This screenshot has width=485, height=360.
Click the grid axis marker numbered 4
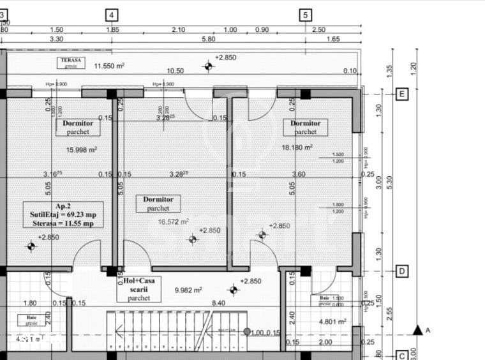(112, 15)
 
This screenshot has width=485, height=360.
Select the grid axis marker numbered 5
(306, 15)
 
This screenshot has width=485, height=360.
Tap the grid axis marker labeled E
(402, 94)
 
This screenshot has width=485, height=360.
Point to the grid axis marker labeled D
(402, 271)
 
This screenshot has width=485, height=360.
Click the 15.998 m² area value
(82, 150)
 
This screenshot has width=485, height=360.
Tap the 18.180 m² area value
(297, 147)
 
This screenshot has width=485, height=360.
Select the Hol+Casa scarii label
(139, 289)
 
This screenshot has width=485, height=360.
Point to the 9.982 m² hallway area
(188, 290)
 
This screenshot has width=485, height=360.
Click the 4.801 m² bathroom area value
(332, 322)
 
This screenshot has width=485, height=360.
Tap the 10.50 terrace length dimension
(175, 71)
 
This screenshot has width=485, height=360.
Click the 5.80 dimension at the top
(208, 39)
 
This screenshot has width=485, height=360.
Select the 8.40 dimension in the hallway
(219, 303)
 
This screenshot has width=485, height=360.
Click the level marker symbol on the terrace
(208, 66)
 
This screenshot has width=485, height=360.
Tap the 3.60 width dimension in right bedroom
(298, 174)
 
